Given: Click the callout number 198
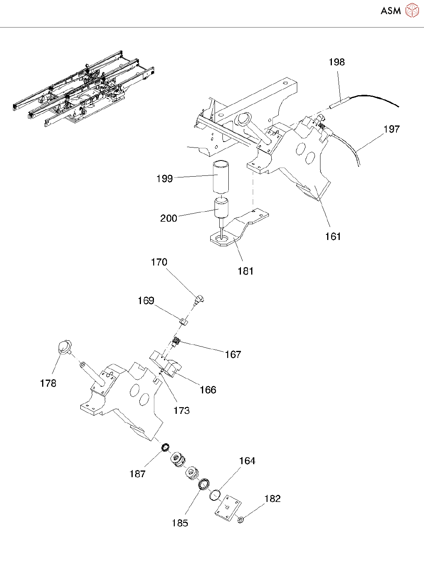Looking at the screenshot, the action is [337, 62].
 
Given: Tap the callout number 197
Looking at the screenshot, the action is [392, 129].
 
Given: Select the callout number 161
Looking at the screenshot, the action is [333, 236].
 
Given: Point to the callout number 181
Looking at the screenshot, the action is [245, 271].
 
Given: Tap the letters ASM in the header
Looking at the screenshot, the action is [391, 11].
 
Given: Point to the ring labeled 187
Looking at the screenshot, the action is [165, 447].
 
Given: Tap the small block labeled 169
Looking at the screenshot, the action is [184, 321].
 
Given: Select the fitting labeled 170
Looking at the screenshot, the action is [199, 300].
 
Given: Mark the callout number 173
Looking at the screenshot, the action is [181, 411].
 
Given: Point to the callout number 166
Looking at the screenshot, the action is [208, 390].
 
